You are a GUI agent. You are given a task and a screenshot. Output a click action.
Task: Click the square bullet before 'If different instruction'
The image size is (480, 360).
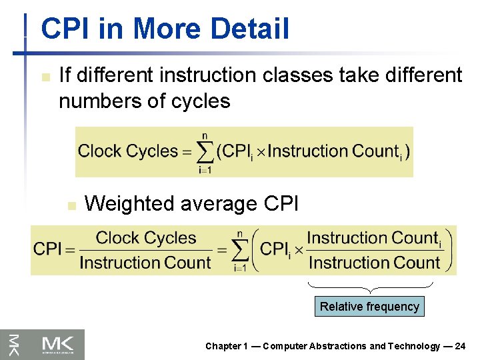point(44,77)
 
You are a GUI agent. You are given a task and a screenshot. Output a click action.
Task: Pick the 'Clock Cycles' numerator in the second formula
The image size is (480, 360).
point(145,238)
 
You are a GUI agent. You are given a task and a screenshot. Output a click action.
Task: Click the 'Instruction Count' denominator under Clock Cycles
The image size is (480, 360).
point(145,263)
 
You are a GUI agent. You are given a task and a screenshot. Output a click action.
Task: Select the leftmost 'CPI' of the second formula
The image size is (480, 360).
point(47,250)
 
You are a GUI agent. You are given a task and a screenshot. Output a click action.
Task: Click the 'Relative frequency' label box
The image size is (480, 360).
point(369,307)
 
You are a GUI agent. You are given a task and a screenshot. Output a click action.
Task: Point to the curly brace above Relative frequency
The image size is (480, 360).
point(369,288)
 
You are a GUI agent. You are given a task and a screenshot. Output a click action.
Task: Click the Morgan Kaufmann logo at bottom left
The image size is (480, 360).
point(43,344)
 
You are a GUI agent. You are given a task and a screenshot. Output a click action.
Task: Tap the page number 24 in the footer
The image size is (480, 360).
point(460,346)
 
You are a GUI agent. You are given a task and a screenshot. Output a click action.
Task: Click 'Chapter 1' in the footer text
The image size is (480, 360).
point(227,346)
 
